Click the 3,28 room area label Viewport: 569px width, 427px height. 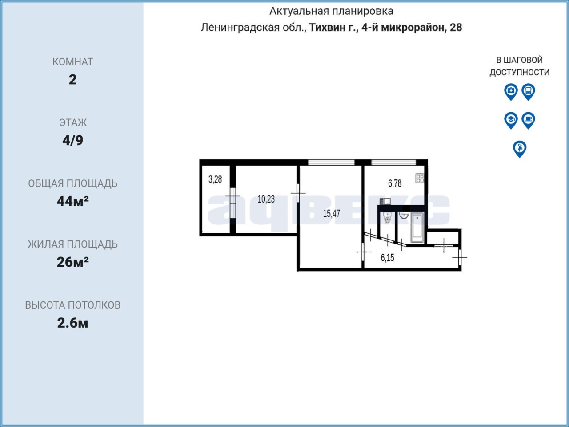215,179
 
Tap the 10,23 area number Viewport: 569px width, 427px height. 266,199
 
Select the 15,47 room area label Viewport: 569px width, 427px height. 331,213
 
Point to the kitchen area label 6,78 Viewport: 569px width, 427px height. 395,183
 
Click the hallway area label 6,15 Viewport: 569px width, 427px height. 387,258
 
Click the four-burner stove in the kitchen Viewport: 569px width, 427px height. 420,179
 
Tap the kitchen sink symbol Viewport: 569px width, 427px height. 385,201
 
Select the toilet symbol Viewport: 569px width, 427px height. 387,218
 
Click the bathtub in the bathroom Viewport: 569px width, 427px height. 417,228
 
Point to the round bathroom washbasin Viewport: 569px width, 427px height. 404,216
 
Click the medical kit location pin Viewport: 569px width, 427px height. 511,92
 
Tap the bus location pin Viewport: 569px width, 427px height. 528,92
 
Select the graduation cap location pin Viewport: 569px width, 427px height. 511,121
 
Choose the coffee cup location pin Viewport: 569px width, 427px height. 528,121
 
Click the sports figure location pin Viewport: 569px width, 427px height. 520,149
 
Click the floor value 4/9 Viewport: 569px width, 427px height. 73,140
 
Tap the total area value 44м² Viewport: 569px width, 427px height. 73,201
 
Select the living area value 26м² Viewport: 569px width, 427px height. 73,262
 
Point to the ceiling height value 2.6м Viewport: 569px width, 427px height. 73,323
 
